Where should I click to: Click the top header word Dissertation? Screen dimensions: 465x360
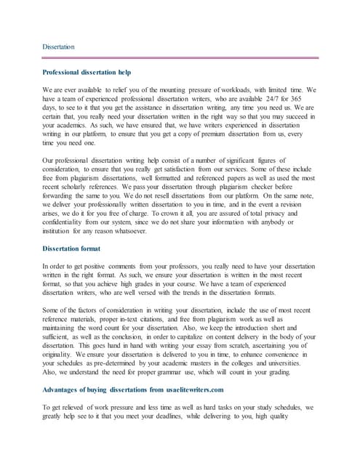(x=58, y=47)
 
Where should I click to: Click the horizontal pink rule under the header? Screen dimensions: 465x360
(x=180, y=57)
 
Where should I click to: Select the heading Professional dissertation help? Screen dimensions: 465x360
(x=87, y=72)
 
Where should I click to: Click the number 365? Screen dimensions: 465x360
(x=300, y=98)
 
